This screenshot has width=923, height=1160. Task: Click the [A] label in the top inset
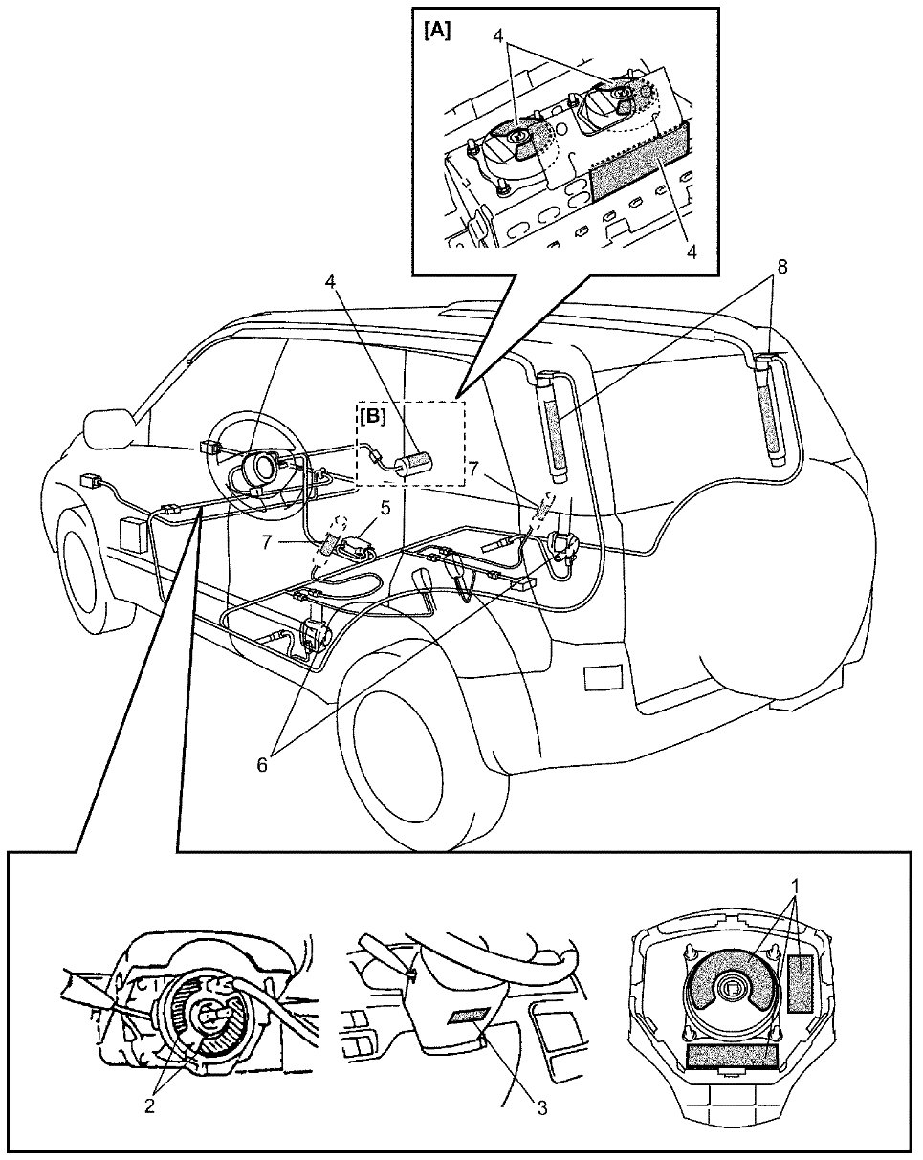(x=437, y=30)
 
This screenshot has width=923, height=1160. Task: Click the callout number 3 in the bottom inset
(x=541, y=1108)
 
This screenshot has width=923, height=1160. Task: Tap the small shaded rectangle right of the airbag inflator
(x=802, y=983)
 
